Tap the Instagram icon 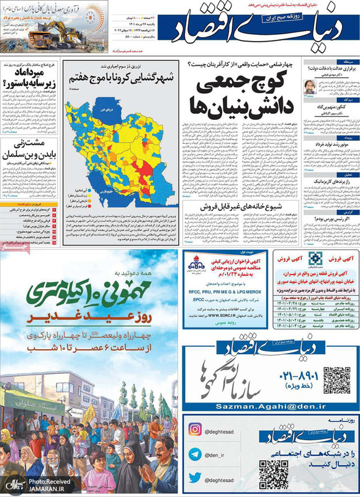pos(195,430)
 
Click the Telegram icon pos(195,454)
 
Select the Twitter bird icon pos(195,477)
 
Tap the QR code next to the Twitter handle pos(273,474)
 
